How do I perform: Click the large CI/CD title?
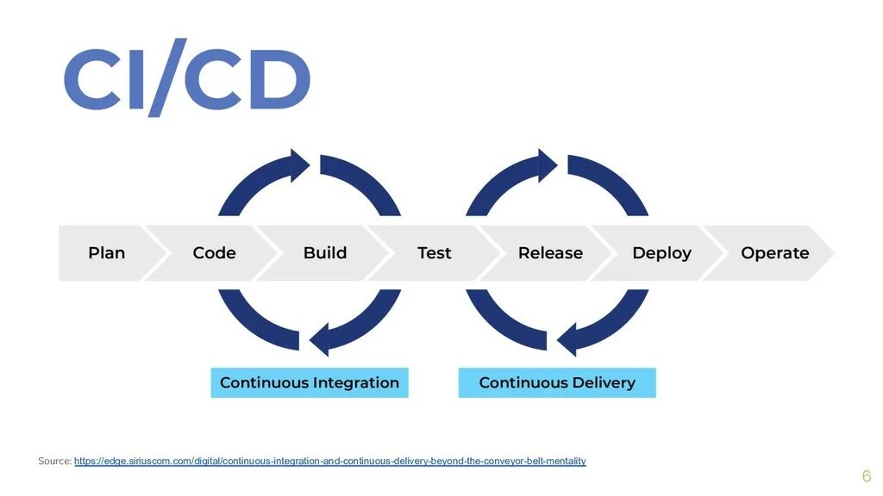click(186, 78)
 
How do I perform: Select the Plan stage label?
click(106, 253)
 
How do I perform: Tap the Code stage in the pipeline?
click(214, 253)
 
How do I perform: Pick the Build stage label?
click(325, 253)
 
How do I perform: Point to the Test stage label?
click(434, 253)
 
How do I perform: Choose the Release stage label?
click(550, 253)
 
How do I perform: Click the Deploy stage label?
click(661, 253)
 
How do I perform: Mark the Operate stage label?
click(774, 253)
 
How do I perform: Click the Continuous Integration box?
click(310, 382)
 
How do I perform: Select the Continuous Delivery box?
click(556, 382)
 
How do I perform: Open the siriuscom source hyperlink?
click(329, 462)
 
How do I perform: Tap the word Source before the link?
click(53, 462)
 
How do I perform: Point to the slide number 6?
click(866, 476)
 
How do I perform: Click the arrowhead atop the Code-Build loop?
click(300, 165)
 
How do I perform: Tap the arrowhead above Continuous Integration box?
click(319, 338)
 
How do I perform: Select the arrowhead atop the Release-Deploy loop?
click(548, 165)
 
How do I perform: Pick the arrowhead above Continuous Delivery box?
click(567, 338)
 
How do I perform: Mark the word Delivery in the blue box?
click(604, 382)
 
